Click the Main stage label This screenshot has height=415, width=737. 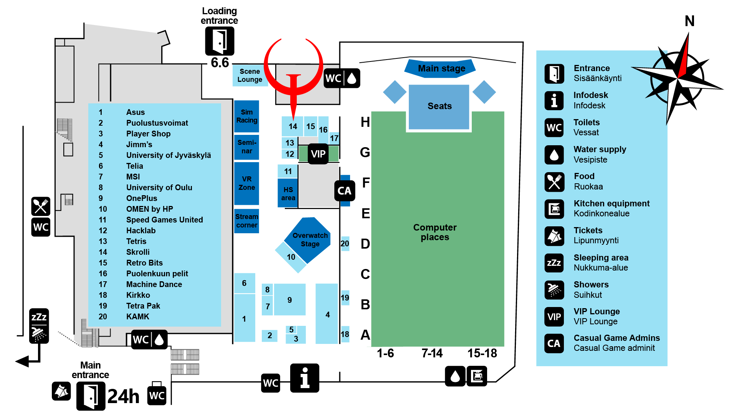pos(441,68)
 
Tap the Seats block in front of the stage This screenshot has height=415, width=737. pos(439,106)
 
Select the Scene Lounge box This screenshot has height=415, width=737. pos(250,75)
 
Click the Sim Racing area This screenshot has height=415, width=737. pos(246,116)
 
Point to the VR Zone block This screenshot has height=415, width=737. pos(246,183)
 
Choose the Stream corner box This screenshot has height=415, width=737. pos(246,221)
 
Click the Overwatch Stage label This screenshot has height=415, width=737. pos(310,239)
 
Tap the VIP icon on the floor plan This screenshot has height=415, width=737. pos(318,154)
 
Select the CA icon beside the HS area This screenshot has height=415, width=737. pos(344,191)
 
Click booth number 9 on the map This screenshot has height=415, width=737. pos(289,300)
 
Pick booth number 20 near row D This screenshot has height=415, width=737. pos(345,244)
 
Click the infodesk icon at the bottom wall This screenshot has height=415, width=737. pos(304,378)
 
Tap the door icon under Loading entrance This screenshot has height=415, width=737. pos(220,41)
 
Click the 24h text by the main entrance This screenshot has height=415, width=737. pos(123,396)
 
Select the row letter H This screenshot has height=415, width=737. pos(365,122)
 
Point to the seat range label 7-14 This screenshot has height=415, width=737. pos(432,353)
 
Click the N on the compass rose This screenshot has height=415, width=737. pos(689,21)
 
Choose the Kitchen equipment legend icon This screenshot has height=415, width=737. pos(554,209)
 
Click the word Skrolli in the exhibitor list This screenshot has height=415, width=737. pos(138,252)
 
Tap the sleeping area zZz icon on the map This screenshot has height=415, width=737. pos(39,317)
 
